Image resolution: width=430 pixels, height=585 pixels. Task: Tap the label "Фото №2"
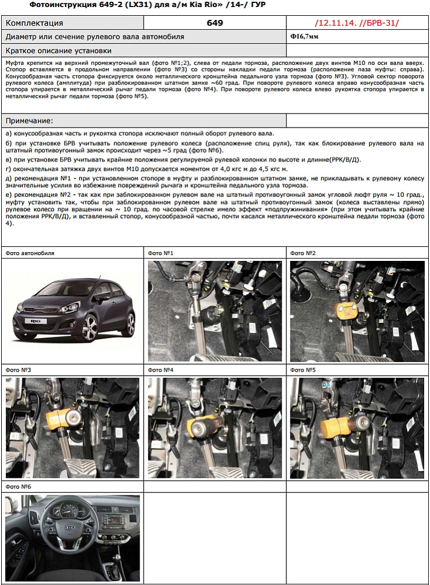click(x=302, y=253)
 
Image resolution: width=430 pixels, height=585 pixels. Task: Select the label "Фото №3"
click(x=18, y=370)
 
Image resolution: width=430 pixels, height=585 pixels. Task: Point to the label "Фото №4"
click(x=160, y=370)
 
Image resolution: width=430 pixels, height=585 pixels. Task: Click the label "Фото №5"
click(x=302, y=370)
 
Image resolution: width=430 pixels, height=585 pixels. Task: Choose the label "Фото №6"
click(x=18, y=487)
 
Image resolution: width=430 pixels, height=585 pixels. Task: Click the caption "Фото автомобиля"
click(x=29, y=253)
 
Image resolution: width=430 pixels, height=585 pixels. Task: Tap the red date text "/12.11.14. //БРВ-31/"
click(x=356, y=23)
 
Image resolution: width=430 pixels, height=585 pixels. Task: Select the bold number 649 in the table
click(x=214, y=23)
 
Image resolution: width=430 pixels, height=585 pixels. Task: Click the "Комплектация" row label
click(x=34, y=23)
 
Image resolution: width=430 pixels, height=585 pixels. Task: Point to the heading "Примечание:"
click(x=29, y=121)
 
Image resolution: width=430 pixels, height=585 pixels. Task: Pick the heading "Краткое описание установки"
click(x=58, y=51)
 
